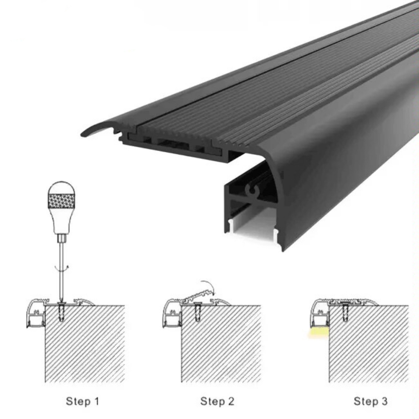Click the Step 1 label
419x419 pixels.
pyautogui.click(x=82, y=401)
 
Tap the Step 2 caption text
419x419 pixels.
pyautogui.click(x=217, y=401)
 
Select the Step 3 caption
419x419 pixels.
pyautogui.click(x=370, y=401)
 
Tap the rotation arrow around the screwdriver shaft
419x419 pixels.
pyautogui.click(x=62, y=267)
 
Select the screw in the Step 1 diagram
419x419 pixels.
pyautogui.click(x=62, y=311)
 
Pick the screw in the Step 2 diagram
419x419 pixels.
pyautogui.click(x=198, y=311)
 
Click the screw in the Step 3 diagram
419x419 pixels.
pyautogui.click(x=345, y=311)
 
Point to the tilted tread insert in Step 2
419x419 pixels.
pyautogui.click(x=197, y=297)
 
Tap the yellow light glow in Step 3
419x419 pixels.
pyautogui.click(x=318, y=333)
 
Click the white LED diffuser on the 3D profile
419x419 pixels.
pyautogui.click(x=252, y=223)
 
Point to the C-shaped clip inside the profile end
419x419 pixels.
pyautogui.click(x=253, y=191)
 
